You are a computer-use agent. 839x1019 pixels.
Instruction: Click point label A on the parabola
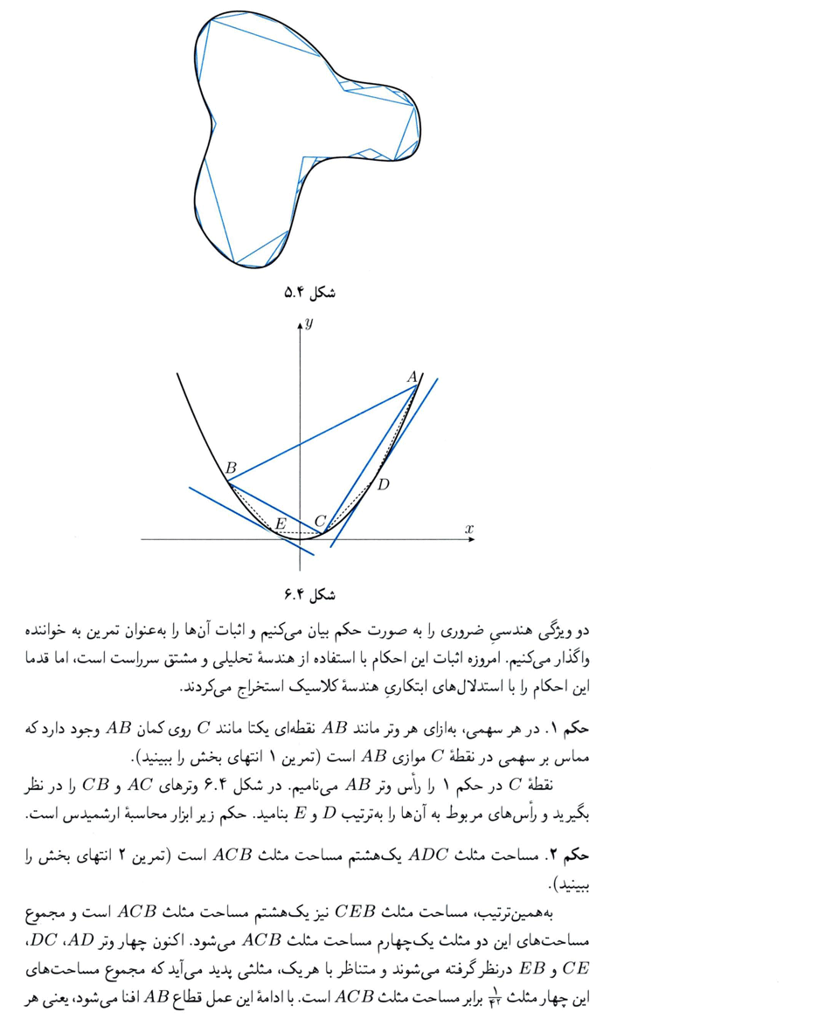coord(412,377)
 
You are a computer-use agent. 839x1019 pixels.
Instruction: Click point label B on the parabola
coord(231,468)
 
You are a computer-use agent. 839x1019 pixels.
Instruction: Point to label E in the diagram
coord(281,524)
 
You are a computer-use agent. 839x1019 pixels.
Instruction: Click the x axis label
coord(469,529)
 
